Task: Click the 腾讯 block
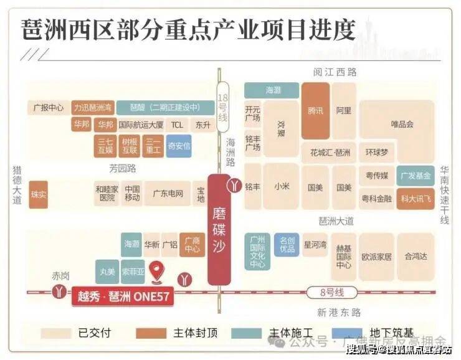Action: [x=316, y=111]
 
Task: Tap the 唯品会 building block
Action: [x=402, y=123]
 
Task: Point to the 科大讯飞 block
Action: [x=416, y=198]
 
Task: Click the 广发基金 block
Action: [x=416, y=175]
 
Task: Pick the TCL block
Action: [x=177, y=124]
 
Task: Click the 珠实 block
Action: [x=39, y=194]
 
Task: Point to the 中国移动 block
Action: [x=131, y=194]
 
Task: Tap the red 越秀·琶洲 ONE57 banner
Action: [x=120, y=296]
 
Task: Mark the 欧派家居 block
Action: [x=376, y=256]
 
